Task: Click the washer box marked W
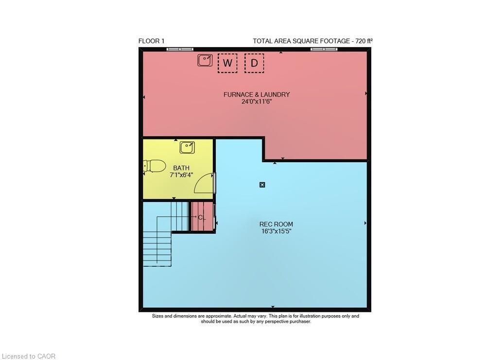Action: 227,63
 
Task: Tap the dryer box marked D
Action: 254,63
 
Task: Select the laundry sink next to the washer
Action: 205,60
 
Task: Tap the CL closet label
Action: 202,217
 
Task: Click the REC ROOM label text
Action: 276,224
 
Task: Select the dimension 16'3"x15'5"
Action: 276,231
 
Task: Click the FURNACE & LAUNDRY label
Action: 257,94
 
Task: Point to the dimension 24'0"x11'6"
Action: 257,102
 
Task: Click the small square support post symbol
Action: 262,184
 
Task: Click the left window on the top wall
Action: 179,49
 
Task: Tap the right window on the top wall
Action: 324,49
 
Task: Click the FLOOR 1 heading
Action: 152,41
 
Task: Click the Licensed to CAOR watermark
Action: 28,356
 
